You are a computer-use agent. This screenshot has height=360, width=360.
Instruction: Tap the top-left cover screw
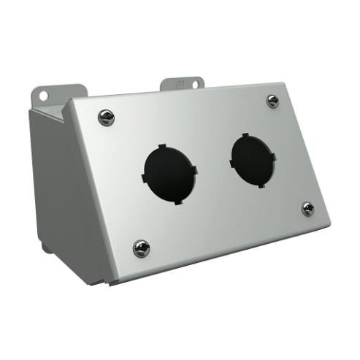pyautogui.click(x=107, y=118)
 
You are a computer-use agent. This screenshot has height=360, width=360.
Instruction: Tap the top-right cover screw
pyautogui.click(x=272, y=101)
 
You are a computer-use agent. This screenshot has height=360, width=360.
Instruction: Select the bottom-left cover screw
pyautogui.click(x=141, y=248)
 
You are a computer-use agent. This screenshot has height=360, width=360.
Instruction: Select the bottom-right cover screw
pyautogui.click(x=308, y=209)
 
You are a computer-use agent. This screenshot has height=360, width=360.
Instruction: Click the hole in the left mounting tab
pyautogui.click(x=43, y=96)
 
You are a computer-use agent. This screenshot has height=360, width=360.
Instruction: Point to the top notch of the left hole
pyautogui.click(x=162, y=146)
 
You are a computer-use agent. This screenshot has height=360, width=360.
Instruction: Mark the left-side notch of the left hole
pyautogui.click(x=141, y=177)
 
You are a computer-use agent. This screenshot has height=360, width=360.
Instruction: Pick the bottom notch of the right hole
pyautogui.click(x=259, y=188)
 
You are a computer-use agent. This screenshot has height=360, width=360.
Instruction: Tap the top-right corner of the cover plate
pyautogui.click(x=283, y=83)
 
